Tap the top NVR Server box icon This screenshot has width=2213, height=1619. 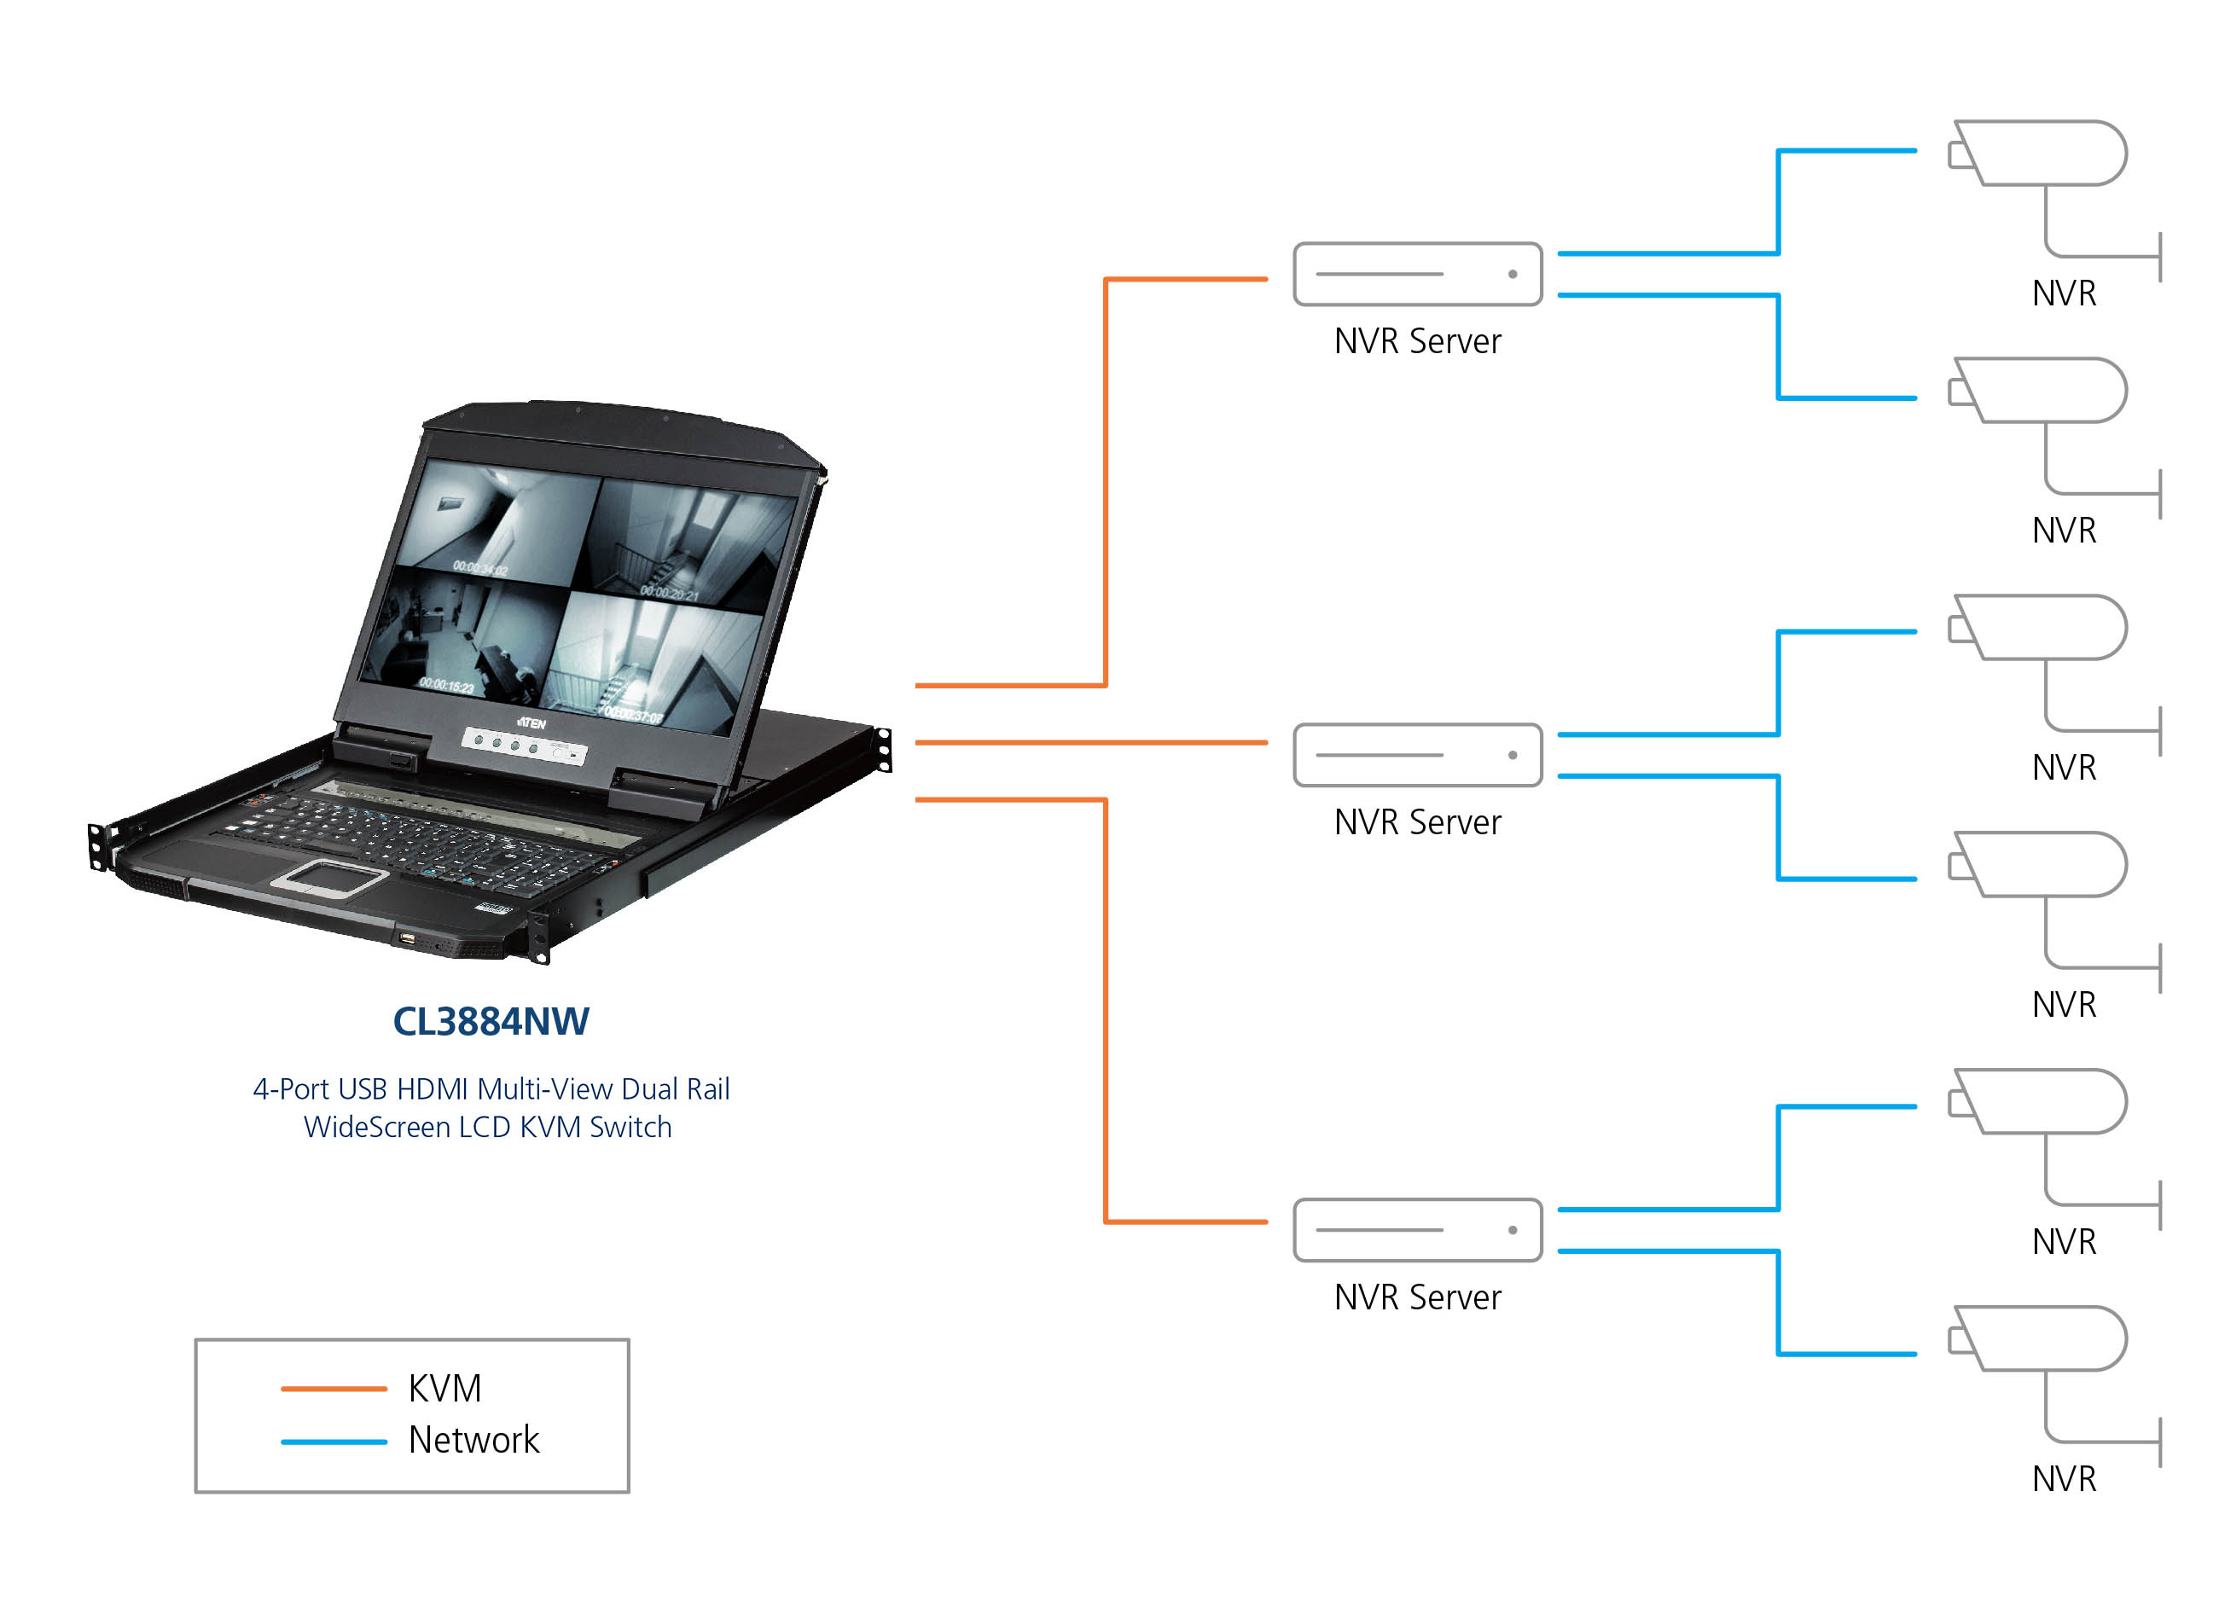(1417, 275)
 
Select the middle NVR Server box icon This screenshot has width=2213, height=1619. (1417, 756)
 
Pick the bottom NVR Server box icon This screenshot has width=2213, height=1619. (1417, 1231)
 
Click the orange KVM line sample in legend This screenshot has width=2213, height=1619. (334, 1389)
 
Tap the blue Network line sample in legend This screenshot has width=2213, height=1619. (334, 1442)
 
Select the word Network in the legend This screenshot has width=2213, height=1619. (473, 1441)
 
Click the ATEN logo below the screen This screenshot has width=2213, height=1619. (531, 723)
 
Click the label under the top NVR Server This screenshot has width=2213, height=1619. (1417, 342)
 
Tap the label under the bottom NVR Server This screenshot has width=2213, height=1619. (1417, 1297)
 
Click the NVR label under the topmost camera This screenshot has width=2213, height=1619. (2064, 294)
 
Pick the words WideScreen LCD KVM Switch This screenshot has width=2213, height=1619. (488, 1128)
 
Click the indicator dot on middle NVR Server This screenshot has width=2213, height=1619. (1513, 756)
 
